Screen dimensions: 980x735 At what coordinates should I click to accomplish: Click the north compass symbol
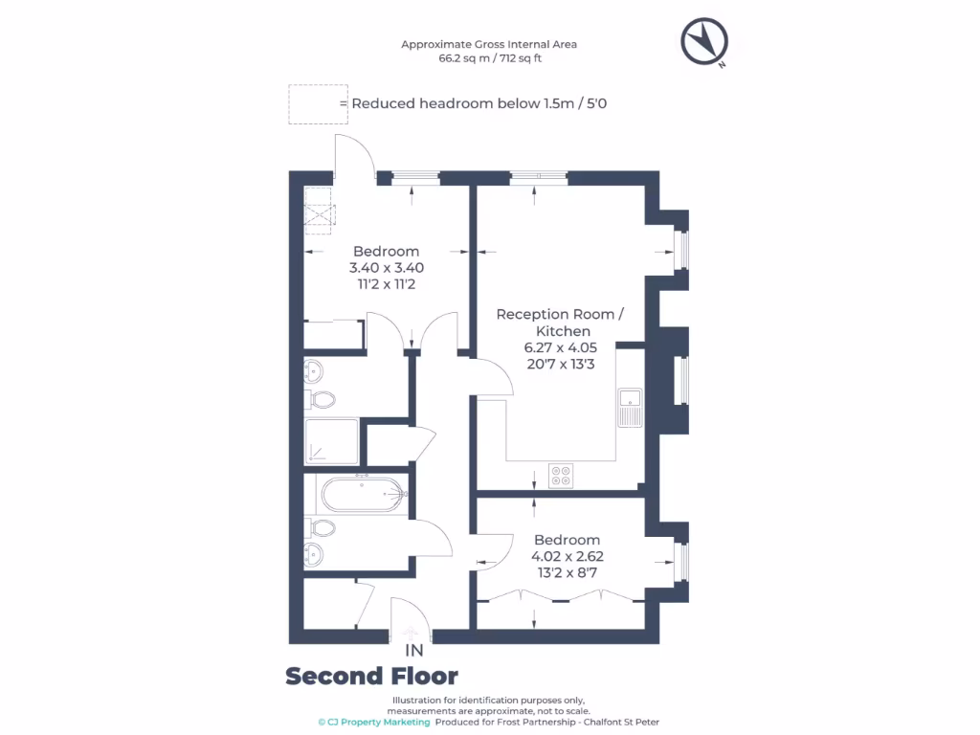(704, 42)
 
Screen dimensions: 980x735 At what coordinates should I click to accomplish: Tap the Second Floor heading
(372, 677)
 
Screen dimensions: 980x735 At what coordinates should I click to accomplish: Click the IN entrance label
(413, 651)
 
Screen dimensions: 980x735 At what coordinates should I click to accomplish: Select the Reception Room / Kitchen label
(560, 323)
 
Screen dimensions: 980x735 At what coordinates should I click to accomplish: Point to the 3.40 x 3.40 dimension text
(387, 268)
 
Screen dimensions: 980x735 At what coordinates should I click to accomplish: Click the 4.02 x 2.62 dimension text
(568, 556)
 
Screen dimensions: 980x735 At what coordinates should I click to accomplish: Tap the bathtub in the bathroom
(364, 495)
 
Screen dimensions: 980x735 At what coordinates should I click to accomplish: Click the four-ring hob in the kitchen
(561, 475)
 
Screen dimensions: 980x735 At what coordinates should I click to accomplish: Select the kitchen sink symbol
(630, 408)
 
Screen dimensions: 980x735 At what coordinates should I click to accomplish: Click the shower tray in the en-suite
(331, 441)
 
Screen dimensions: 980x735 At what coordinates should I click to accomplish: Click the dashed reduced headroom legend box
(318, 104)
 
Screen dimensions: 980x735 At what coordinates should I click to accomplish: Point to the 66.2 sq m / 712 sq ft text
(490, 58)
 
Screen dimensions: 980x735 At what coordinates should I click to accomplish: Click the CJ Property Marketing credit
(374, 722)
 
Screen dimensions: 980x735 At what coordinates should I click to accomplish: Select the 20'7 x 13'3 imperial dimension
(561, 364)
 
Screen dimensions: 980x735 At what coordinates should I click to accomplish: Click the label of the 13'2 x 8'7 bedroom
(567, 540)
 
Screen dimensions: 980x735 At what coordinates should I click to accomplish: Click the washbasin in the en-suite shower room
(313, 371)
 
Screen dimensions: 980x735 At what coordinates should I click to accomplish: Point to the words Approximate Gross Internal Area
(489, 44)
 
